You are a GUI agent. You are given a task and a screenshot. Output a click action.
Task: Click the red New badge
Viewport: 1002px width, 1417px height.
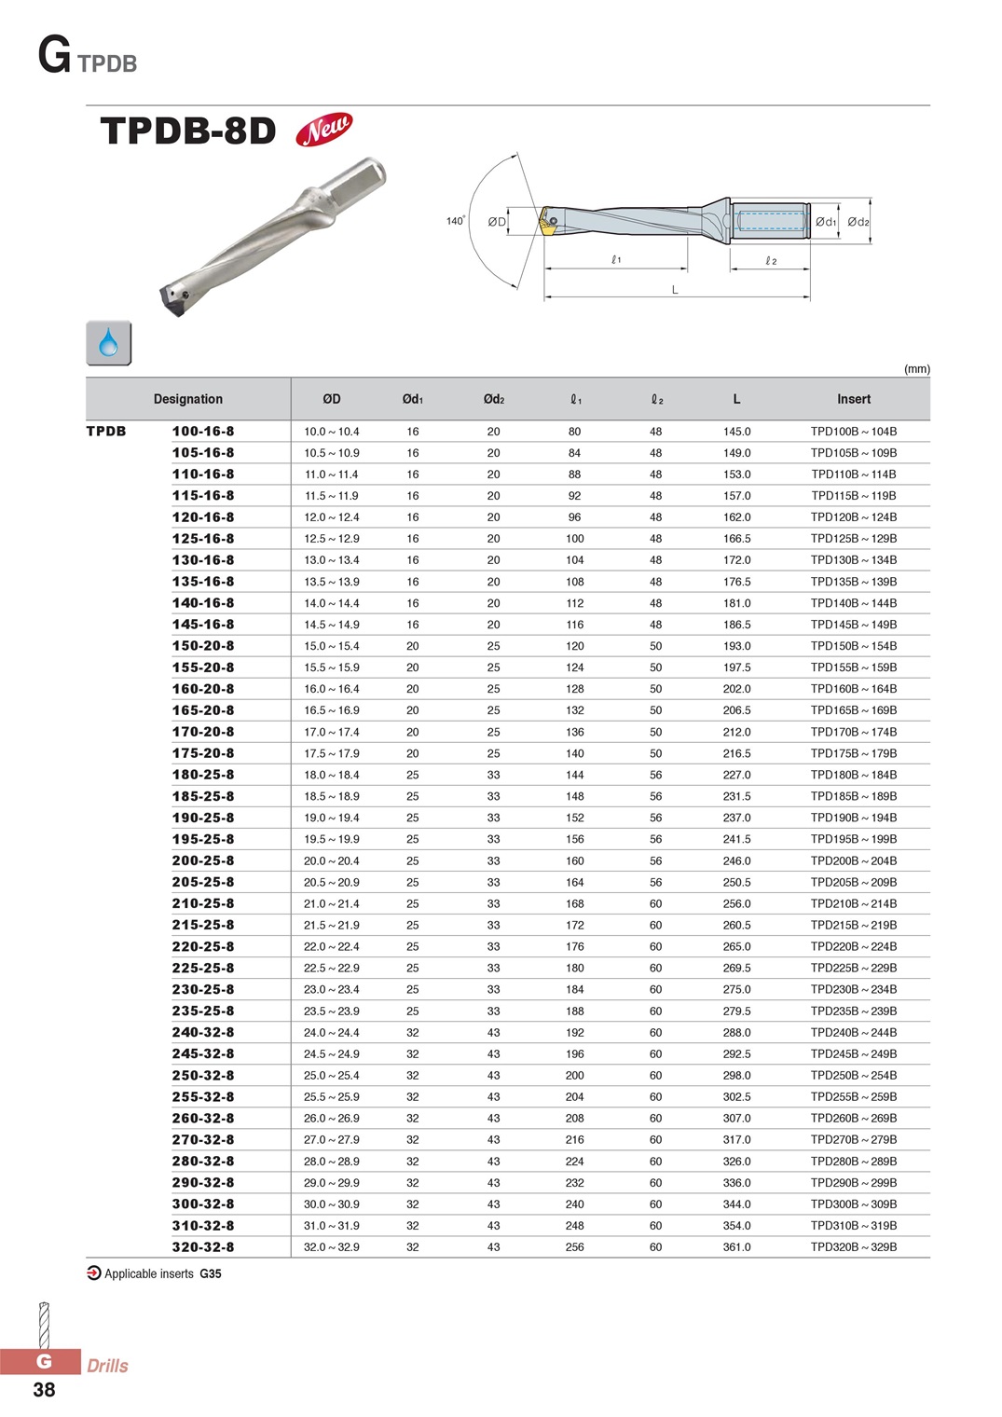coord(323,130)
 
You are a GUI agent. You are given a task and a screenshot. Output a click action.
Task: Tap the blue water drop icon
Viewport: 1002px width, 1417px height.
coord(108,342)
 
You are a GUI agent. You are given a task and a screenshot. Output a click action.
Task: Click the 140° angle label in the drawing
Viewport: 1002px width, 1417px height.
coord(456,221)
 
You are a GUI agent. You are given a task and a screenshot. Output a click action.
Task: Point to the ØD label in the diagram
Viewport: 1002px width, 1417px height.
coord(497,222)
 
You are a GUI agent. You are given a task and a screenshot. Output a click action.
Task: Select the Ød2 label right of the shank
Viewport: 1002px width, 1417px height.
coord(858,222)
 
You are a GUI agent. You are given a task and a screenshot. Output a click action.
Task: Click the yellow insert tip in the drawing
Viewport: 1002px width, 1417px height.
coord(545,222)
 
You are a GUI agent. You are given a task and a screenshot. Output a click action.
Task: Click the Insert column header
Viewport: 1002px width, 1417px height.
coord(854,399)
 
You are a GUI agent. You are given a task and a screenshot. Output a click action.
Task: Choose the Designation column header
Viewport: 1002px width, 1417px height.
coord(188,399)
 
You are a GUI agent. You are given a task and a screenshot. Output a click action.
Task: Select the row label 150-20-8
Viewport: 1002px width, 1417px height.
coord(203,646)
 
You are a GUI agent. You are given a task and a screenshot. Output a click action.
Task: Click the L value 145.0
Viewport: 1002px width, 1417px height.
coord(737,432)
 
